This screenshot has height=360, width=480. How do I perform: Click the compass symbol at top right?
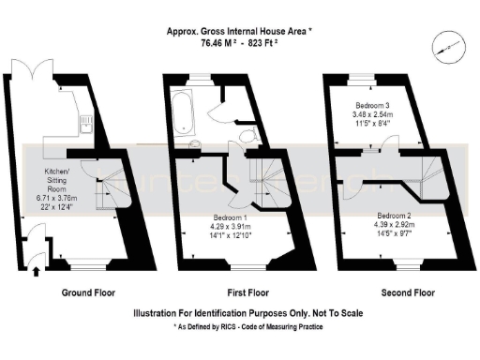(443, 45)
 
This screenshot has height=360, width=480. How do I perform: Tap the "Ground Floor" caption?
(88, 292)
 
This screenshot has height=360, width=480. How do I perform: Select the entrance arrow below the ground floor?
(36, 273)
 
